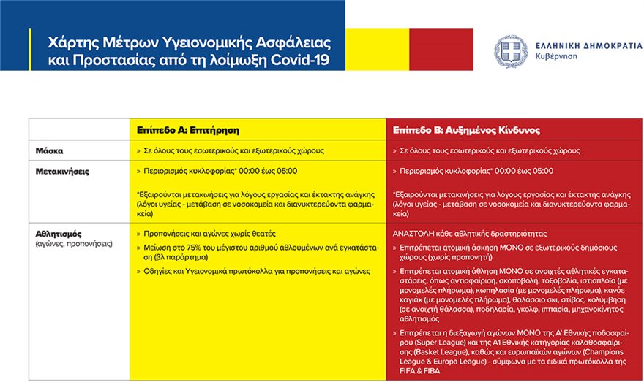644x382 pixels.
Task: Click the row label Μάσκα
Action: pos(50,150)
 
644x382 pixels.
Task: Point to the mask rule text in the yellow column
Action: pos(233,150)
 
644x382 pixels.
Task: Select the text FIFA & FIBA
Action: pos(422,370)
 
